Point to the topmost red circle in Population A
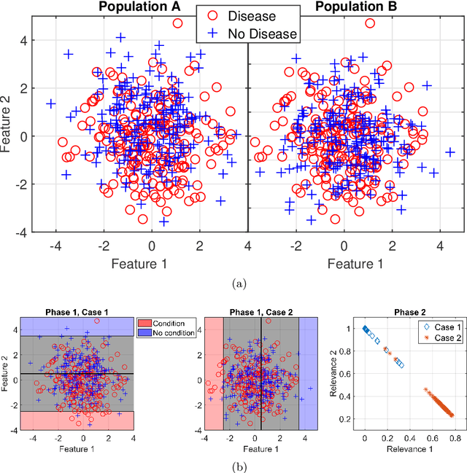pos(178,23)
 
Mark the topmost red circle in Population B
pos(370,23)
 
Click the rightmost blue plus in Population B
pos(450,152)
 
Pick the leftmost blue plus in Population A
pos(51,103)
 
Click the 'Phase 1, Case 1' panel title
pos(77,312)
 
